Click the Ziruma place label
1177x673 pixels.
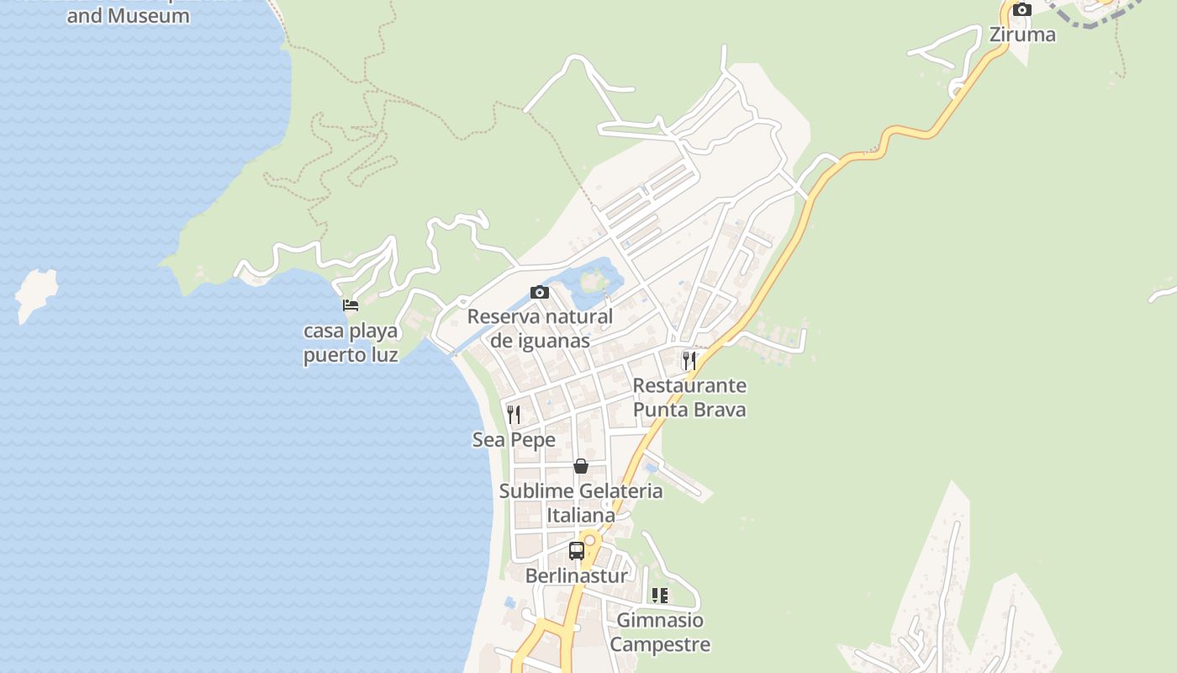pos(1022,34)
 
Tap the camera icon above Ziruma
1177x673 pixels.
pos(1022,10)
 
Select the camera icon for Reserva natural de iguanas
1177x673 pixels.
pos(540,293)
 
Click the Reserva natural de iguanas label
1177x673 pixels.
pos(540,328)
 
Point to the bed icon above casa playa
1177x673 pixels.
pos(351,305)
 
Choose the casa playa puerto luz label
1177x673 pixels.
pos(351,342)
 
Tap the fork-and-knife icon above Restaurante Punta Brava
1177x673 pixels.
pos(689,361)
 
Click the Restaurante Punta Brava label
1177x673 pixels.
pos(689,397)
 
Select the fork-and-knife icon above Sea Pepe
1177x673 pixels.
pos(514,415)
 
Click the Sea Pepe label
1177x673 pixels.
pos(514,440)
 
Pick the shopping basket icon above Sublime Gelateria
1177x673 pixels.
pos(581,466)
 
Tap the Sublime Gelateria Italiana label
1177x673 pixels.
pos(581,502)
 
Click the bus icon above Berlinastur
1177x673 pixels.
pos(577,551)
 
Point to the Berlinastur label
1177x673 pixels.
pos(577,576)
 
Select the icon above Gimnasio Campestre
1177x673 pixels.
pos(660,596)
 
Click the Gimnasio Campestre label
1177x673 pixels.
pos(660,632)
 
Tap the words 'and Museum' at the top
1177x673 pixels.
pos(128,15)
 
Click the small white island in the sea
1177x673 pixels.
pos(36,292)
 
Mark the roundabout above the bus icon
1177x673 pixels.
pos(589,539)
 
